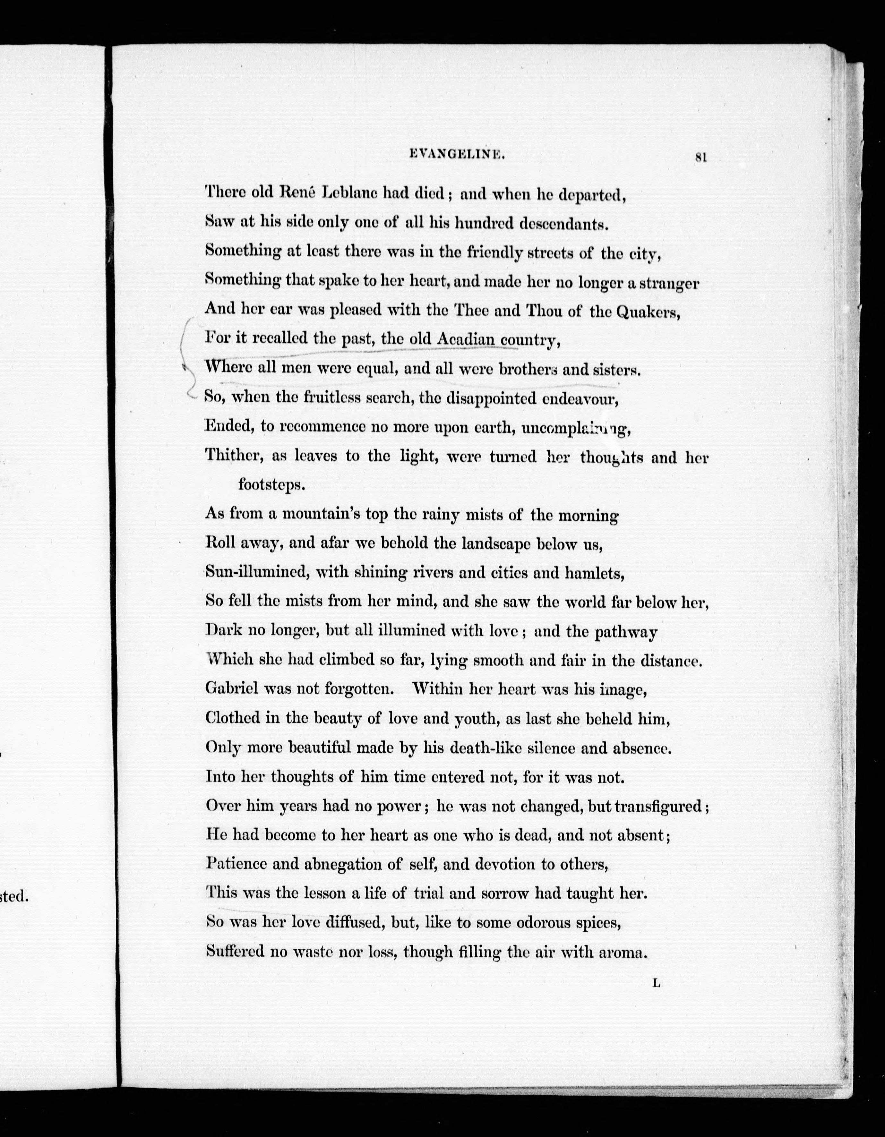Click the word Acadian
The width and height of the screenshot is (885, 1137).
(465, 339)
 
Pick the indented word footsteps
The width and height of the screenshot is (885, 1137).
(271, 485)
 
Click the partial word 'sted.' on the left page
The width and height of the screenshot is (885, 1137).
(13, 897)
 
